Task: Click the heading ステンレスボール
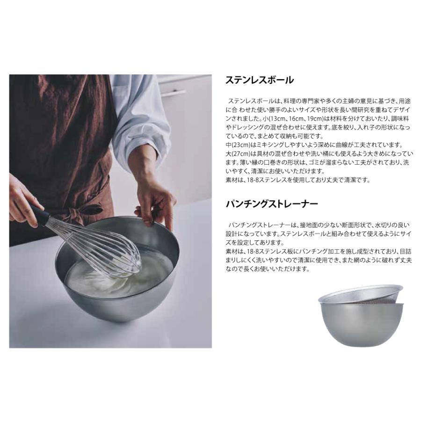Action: coord(259,80)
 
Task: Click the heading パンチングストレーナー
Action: coord(272,204)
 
